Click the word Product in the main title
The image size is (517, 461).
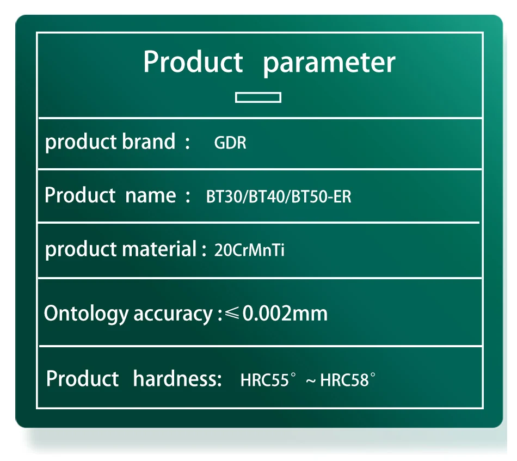click(x=193, y=62)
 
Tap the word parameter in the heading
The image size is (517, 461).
click(x=329, y=63)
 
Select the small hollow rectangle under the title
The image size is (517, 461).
click(x=258, y=97)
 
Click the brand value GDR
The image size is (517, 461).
click(x=230, y=143)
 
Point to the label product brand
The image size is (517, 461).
click(x=110, y=142)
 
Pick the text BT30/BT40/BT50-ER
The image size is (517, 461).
click(x=279, y=196)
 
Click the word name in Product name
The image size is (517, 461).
click(x=151, y=195)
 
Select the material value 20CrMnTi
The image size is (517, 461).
click(x=249, y=250)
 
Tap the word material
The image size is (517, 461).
click(x=159, y=248)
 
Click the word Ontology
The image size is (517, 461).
click(x=86, y=314)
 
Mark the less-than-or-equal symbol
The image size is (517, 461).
click(x=232, y=313)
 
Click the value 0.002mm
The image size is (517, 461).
click(x=285, y=314)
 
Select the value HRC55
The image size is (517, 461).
click(x=265, y=380)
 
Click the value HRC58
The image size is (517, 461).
click(x=344, y=380)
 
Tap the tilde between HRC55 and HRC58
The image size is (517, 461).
click(x=311, y=381)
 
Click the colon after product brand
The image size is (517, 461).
click(x=188, y=143)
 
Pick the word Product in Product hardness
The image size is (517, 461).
click(x=82, y=378)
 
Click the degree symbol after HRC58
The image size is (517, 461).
click(x=373, y=374)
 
